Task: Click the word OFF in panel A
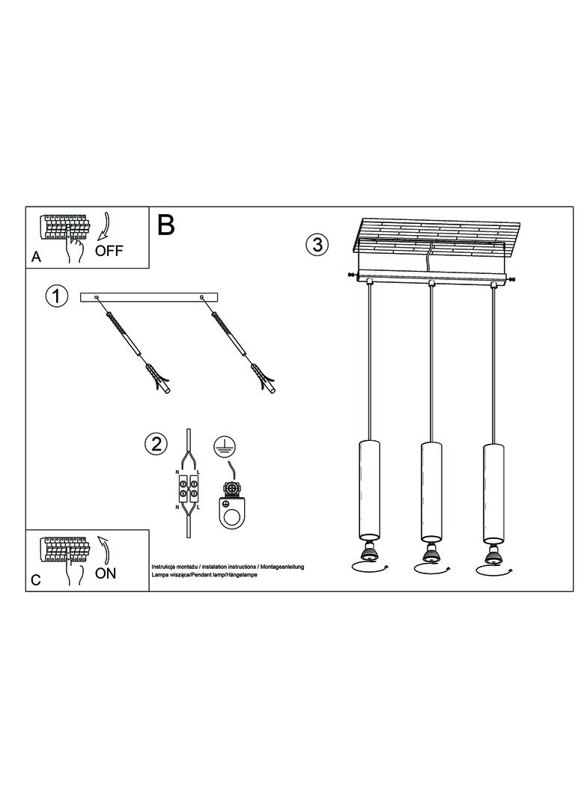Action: pos(109,250)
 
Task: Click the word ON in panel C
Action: pos(106,573)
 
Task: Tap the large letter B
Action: pos(166,225)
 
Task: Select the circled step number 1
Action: pos(56,296)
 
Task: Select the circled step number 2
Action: pos(156,445)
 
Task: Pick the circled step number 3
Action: pos(317,244)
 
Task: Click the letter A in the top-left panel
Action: pos(36,257)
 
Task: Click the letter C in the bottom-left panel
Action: pos(36,580)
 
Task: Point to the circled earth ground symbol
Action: pos(222,445)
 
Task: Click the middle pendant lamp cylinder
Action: pos(431,491)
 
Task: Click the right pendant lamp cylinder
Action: pos(493,492)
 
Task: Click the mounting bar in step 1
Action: pos(149,298)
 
